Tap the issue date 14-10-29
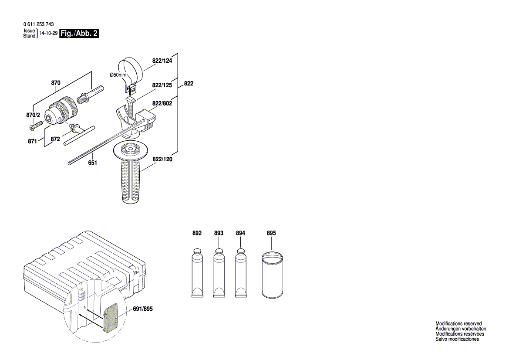tap(48, 34)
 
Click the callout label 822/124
tap(162, 61)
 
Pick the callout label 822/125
tap(162, 85)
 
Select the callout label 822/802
tap(162, 103)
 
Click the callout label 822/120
tap(162, 160)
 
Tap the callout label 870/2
tap(33, 115)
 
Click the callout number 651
tap(92, 163)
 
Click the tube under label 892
tap(197, 272)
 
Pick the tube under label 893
tap(219, 272)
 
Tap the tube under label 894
tap(240, 272)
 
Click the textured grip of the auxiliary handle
tap(131, 181)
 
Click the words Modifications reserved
tap(458, 324)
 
